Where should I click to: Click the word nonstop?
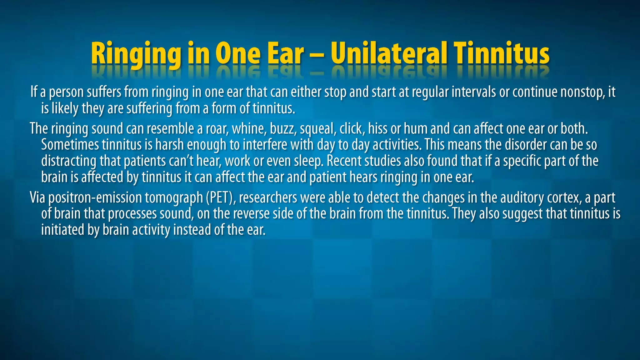pos(583,92)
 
